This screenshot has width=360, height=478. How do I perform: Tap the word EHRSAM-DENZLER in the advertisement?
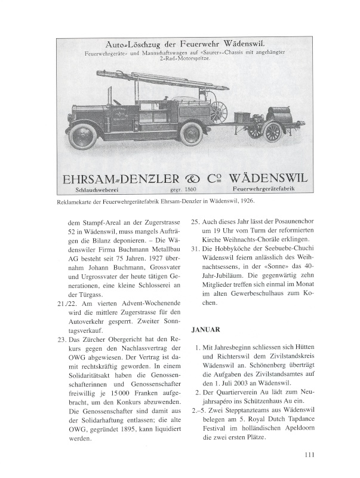tap(115, 179)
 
